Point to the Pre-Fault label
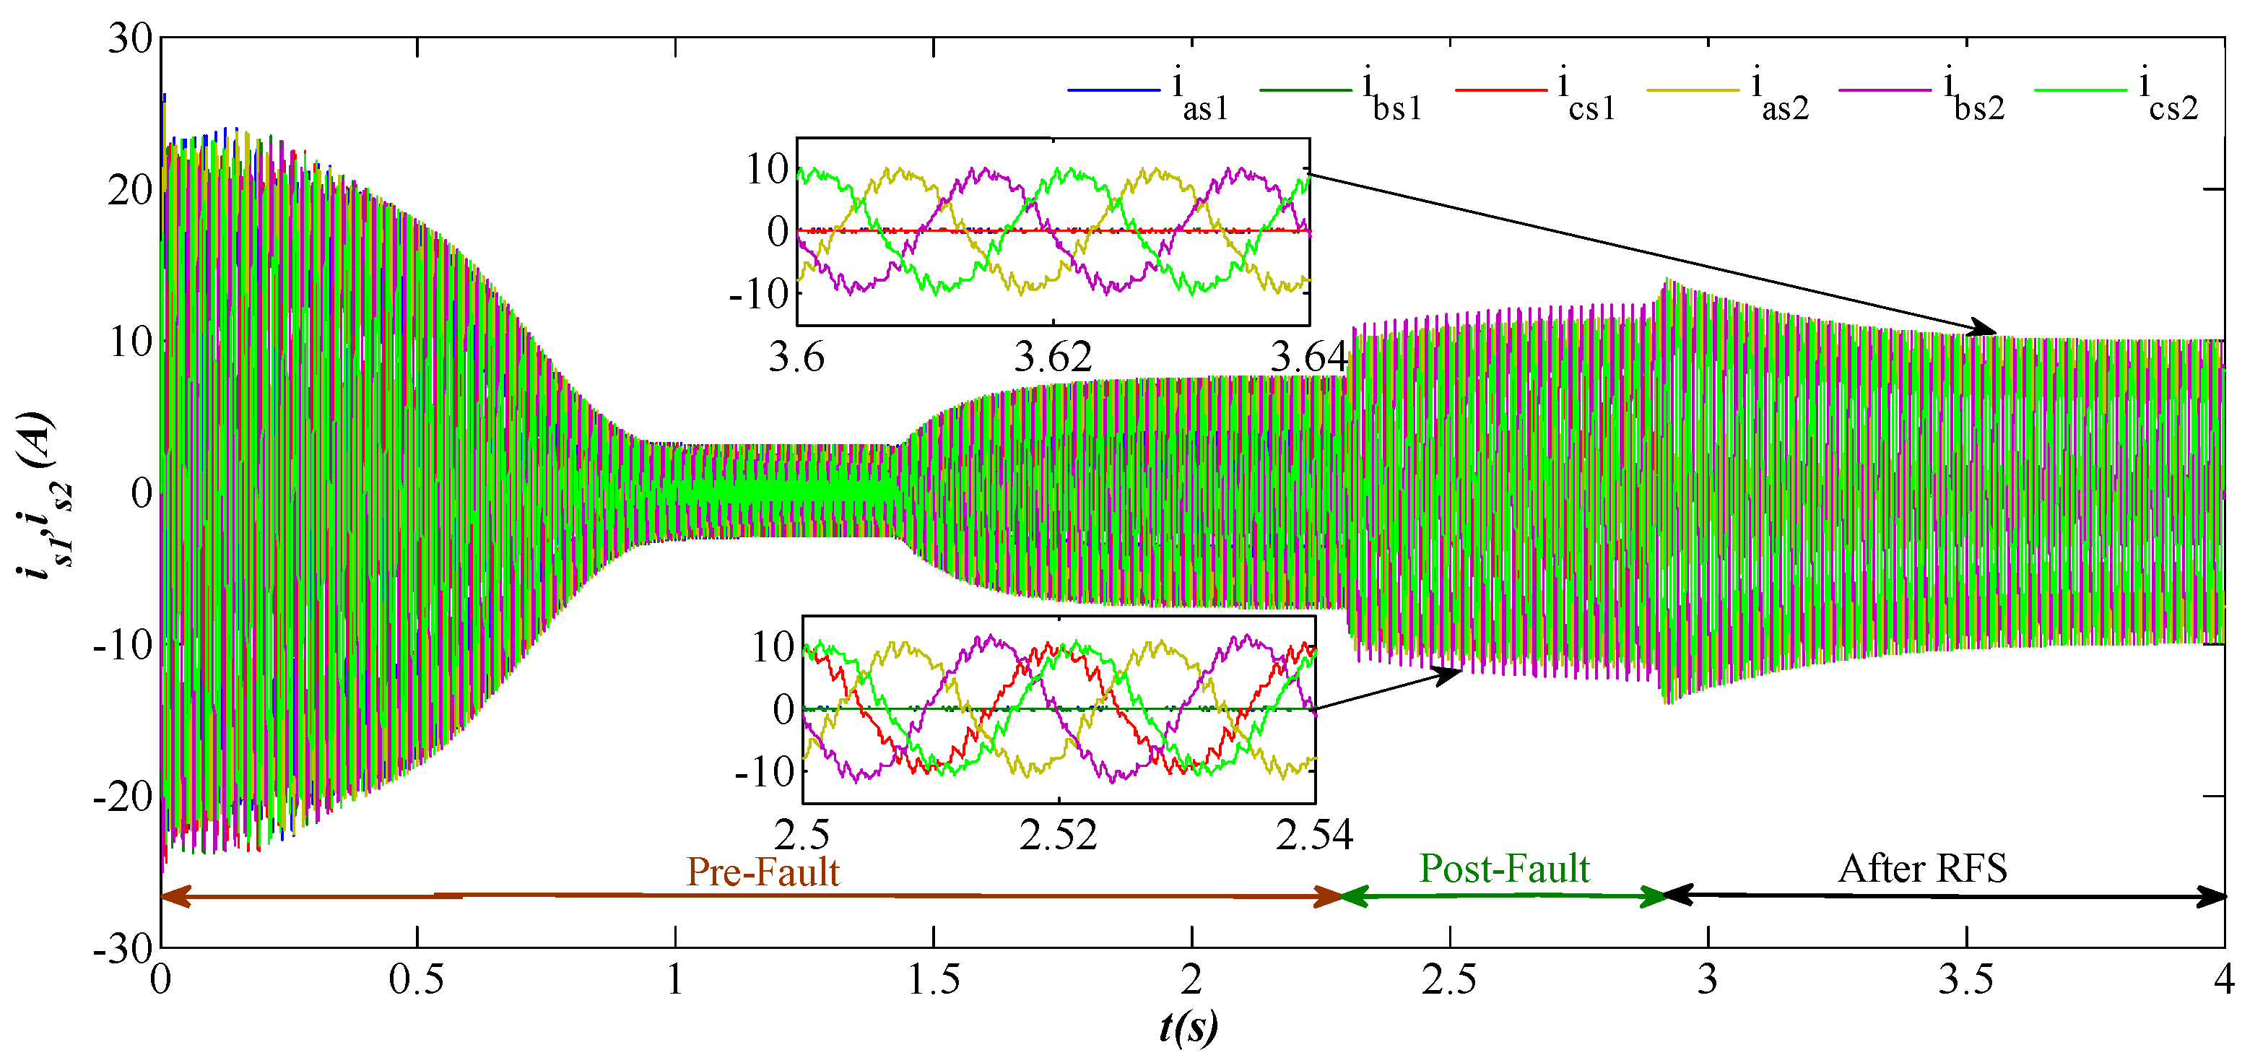(x=762, y=871)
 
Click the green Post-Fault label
(x=1504, y=869)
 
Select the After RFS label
(x=1922, y=869)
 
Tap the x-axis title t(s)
(x=1188, y=1026)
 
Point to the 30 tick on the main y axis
(x=129, y=38)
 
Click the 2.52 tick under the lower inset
(x=1059, y=835)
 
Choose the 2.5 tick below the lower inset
(x=802, y=835)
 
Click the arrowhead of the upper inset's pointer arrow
(x=1987, y=330)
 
